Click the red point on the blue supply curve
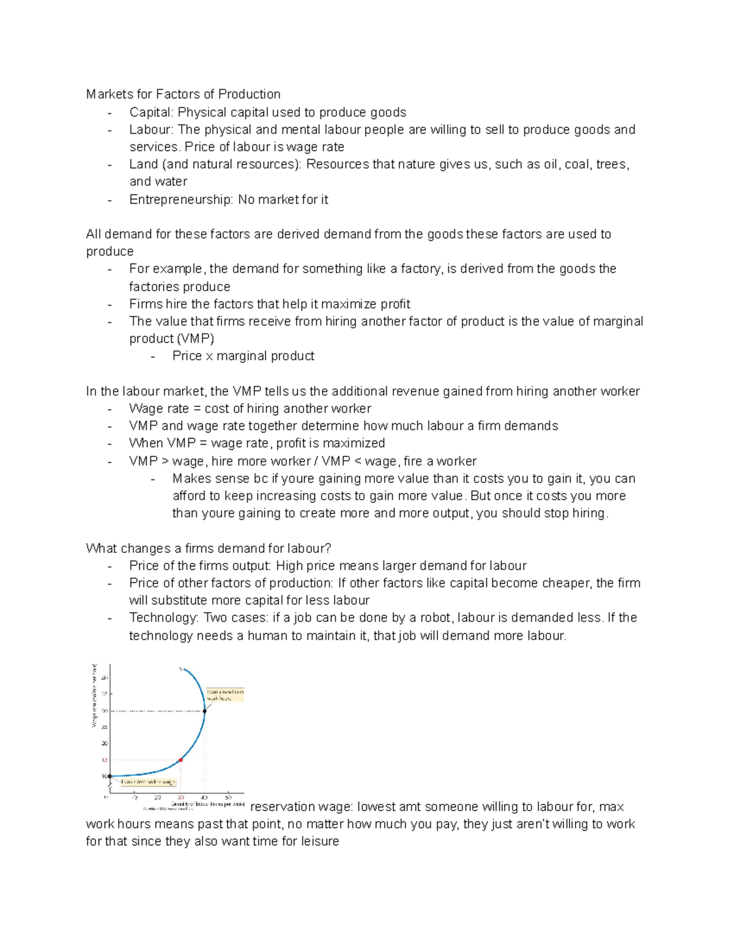tap(180, 760)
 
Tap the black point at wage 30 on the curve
tap(205, 711)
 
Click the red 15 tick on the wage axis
tap(105, 760)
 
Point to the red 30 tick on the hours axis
tap(180, 798)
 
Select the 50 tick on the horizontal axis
tap(228, 798)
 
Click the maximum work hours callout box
tap(225, 695)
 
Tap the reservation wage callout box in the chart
tap(148, 782)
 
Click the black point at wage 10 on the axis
tap(110, 776)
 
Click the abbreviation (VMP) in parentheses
tap(196, 339)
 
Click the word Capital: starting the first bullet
tap(152, 113)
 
